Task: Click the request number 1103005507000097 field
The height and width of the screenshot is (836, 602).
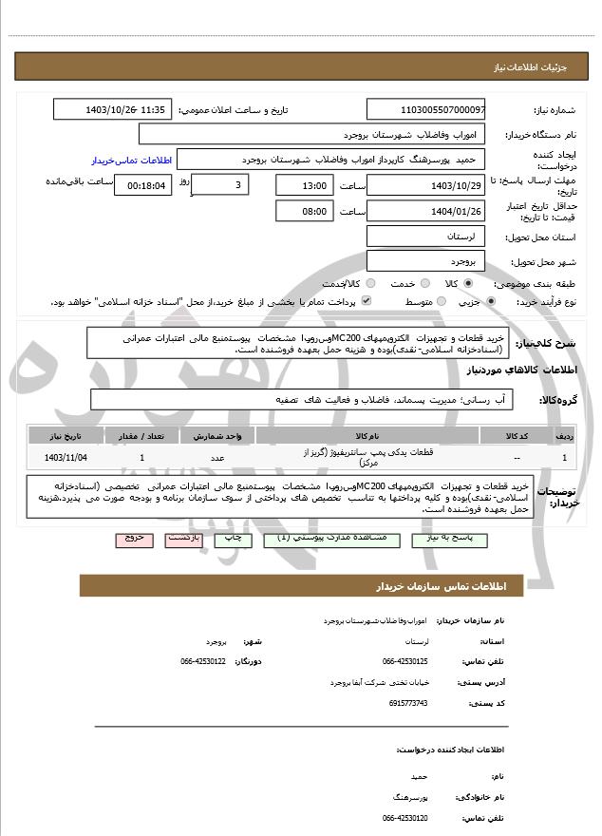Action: click(424, 110)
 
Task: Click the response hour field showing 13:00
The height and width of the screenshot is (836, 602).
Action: click(305, 185)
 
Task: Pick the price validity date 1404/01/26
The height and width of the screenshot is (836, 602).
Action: click(424, 211)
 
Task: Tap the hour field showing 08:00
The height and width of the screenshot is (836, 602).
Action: click(305, 211)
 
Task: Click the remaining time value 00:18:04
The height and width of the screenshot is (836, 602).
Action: click(142, 185)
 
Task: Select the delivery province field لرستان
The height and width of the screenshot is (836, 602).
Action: click(424, 235)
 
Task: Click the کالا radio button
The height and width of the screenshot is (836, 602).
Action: click(469, 284)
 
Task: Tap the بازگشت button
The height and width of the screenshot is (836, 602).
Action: click(185, 539)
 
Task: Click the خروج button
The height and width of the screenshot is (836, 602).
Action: click(134, 539)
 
